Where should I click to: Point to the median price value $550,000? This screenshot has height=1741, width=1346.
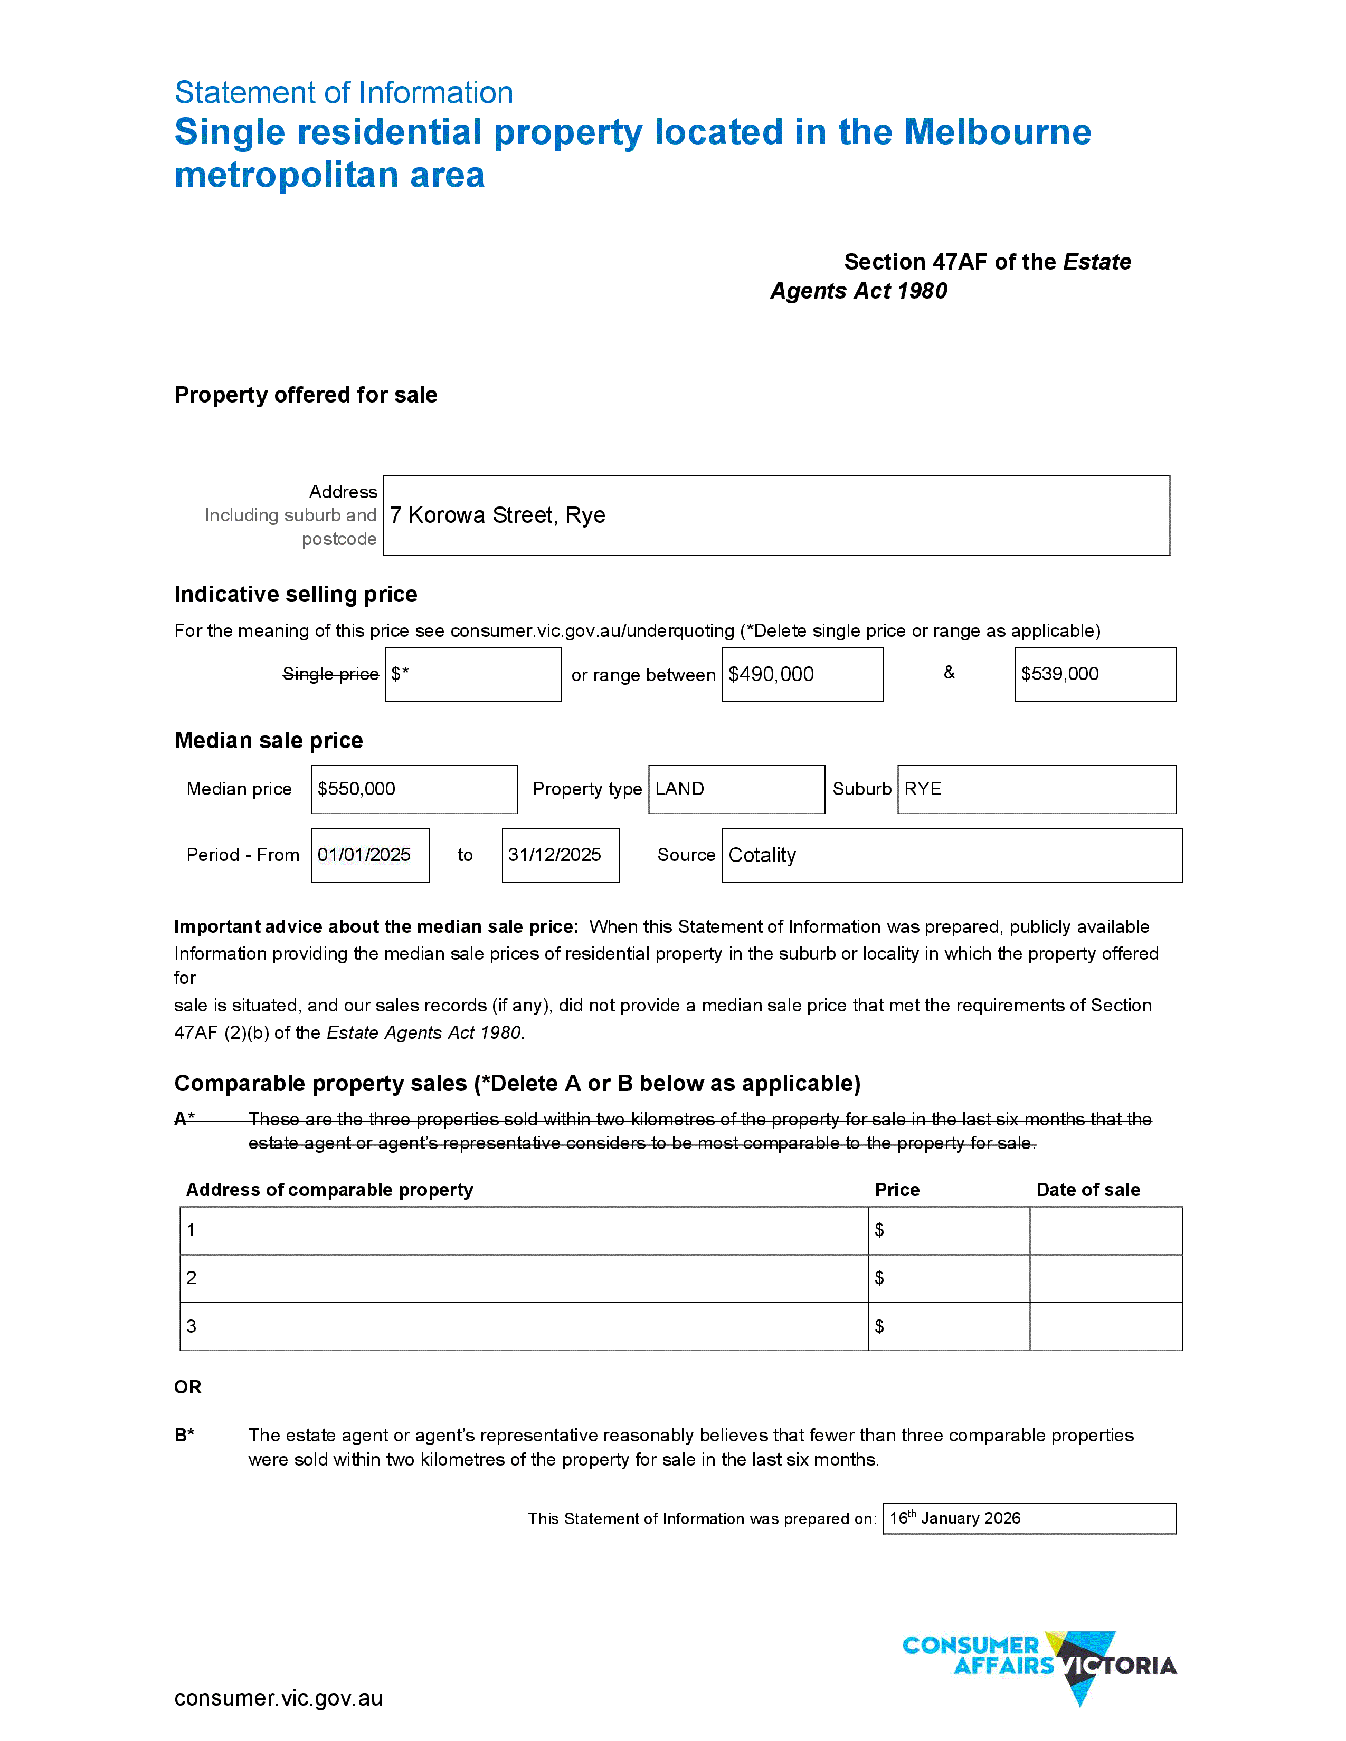[x=356, y=789]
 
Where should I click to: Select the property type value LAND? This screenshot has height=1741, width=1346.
[x=679, y=789]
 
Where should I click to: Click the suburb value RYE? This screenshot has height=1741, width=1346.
[x=923, y=789]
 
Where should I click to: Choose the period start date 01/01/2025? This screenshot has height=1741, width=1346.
[x=364, y=855]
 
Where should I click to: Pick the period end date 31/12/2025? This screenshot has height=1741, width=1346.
[x=554, y=855]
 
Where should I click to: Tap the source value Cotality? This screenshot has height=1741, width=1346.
[x=762, y=855]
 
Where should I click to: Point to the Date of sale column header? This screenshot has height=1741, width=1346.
[x=1088, y=1190]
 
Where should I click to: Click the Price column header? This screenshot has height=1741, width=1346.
[x=897, y=1190]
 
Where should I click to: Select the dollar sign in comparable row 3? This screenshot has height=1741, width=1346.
[x=879, y=1326]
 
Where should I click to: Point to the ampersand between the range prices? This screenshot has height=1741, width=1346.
[x=949, y=673]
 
